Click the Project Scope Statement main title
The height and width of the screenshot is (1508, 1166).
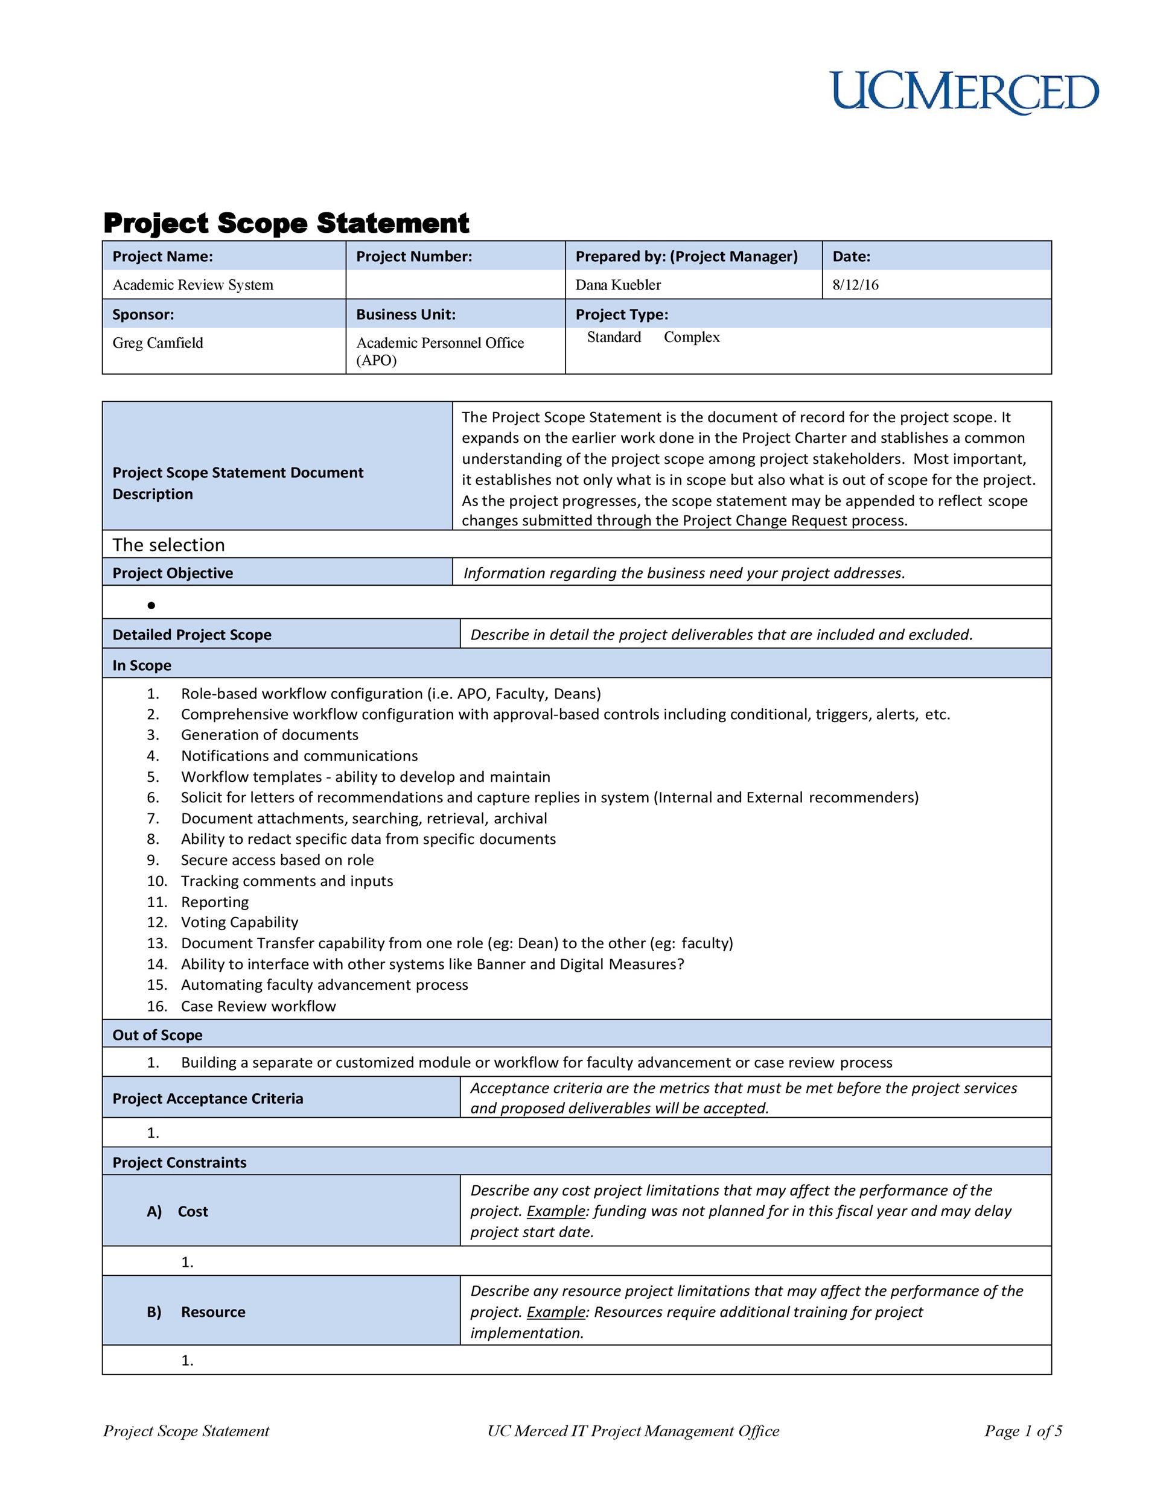[x=286, y=223]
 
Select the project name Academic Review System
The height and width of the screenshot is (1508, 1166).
[x=193, y=285]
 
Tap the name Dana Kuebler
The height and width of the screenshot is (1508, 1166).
[x=617, y=285]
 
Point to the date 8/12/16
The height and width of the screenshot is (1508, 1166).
[x=855, y=285]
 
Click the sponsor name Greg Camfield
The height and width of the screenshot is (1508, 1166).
[x=158, y=343]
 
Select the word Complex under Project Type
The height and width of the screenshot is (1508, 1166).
[x=692, y=337]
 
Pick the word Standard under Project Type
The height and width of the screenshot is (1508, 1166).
[x=613, y=337]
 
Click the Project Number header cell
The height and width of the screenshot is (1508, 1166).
[x=414, y=256]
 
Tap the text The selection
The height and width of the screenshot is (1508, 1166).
[x=168, y=545]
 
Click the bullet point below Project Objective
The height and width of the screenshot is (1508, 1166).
[x=151, y=606]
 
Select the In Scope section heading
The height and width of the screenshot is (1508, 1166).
[x=142, y=665]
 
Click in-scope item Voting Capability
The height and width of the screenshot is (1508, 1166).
[x=239, y=922]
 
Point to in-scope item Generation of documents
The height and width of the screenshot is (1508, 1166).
[x=269, y=735]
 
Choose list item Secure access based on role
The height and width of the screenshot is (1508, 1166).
[x=277, y=860]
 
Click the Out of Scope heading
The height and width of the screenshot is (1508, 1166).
[x=158, y=1034]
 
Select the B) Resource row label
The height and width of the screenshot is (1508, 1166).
[x=196, y=1311]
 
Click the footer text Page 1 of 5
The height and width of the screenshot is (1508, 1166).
[x=1022, y=1431]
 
